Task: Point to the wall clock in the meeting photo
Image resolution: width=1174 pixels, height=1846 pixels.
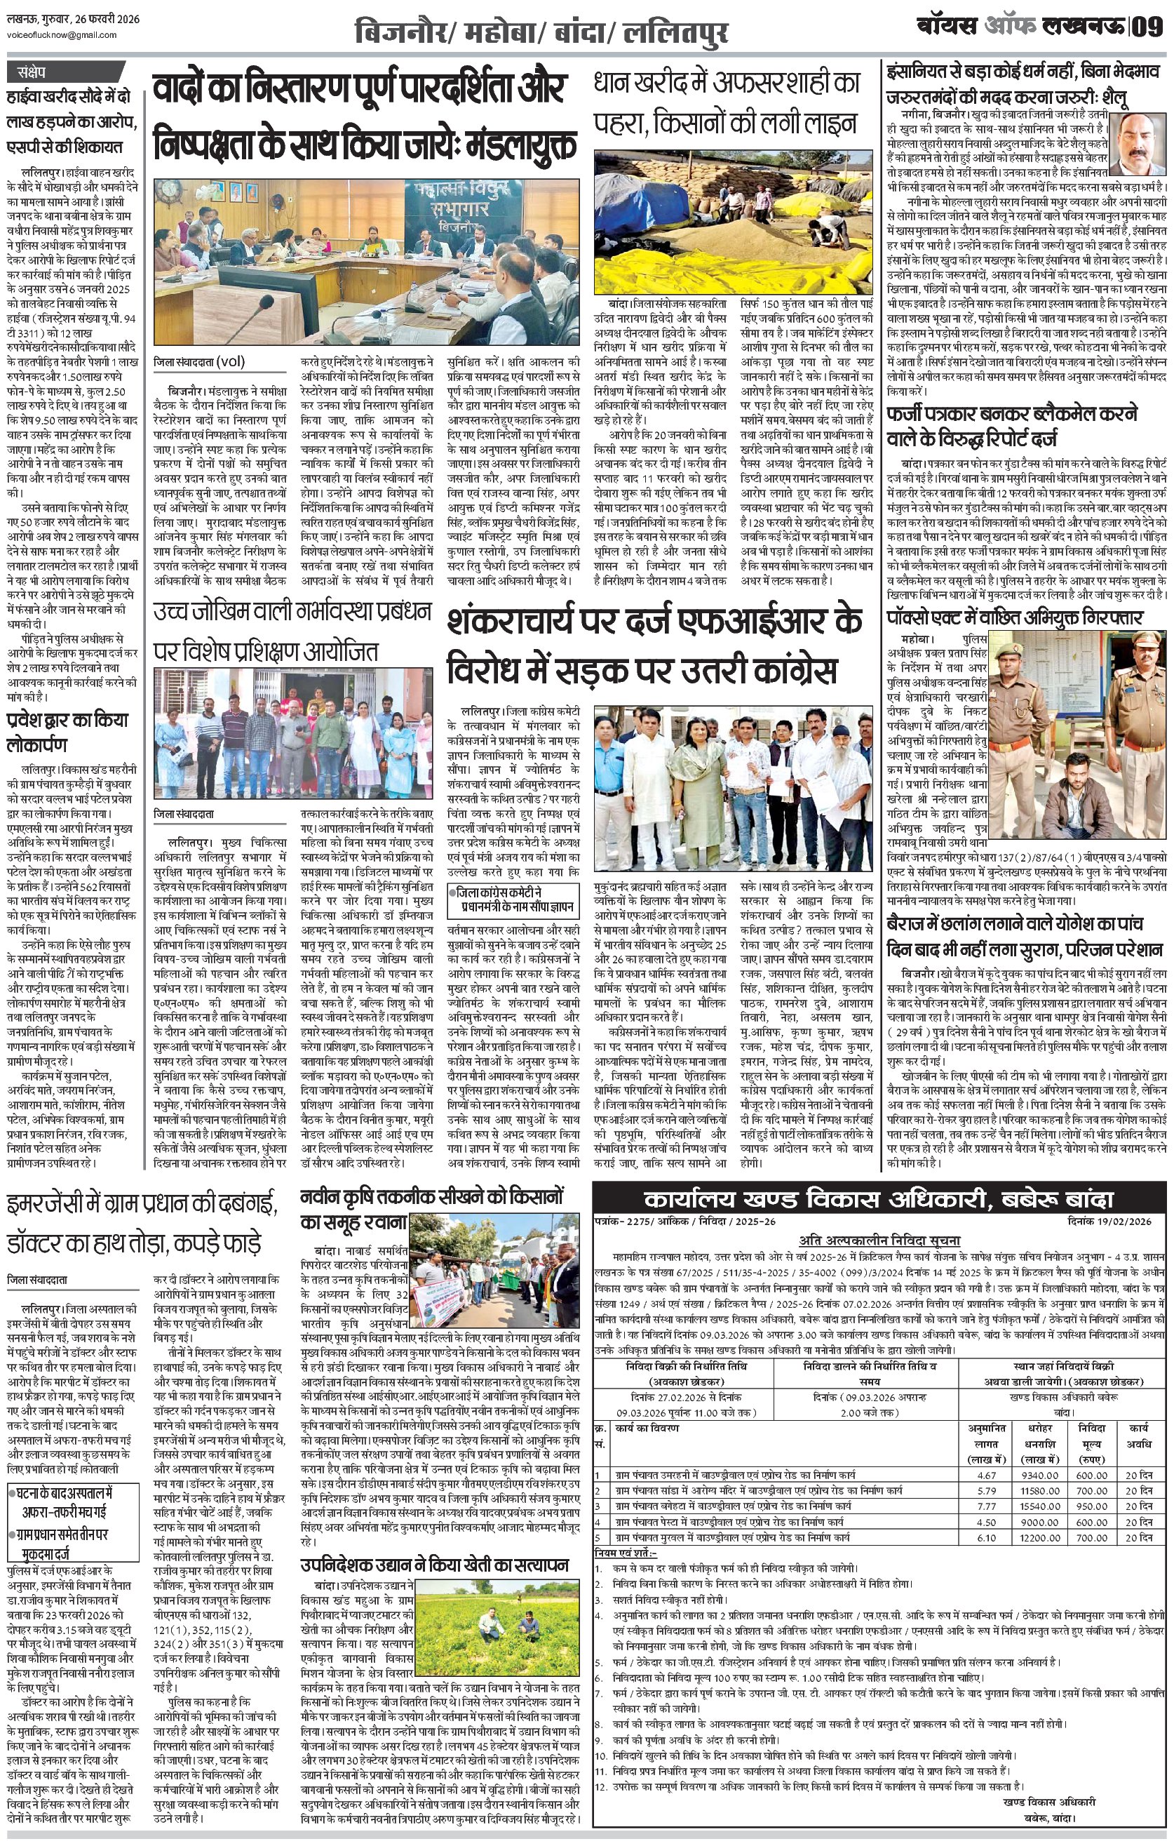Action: [166, 188]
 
